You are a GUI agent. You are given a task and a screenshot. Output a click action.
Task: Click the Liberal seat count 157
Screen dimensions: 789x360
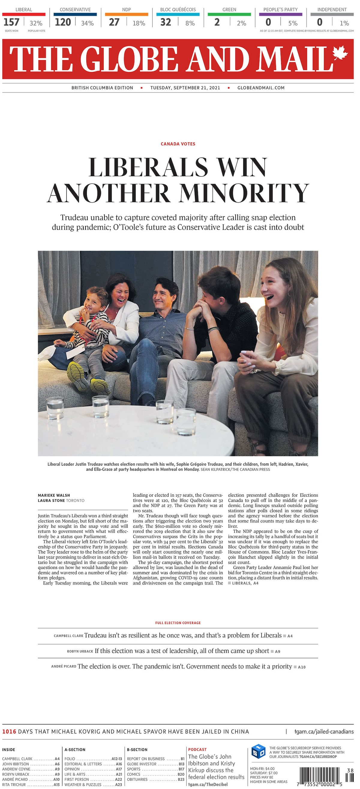click(11, 22)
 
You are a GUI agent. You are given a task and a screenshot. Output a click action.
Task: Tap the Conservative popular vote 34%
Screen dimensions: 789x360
click(87, 23)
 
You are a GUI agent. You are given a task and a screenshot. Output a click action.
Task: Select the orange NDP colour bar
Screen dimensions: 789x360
click(126, 14)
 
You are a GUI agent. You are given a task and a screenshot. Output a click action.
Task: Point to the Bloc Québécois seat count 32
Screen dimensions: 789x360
click(166, 22)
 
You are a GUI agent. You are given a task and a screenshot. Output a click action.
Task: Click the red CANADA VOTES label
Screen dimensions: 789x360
click(178, 144)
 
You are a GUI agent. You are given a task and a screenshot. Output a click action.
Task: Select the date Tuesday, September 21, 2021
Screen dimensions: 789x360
click(185, 88)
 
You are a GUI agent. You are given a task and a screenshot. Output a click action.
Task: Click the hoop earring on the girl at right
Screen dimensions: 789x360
click(289, 293)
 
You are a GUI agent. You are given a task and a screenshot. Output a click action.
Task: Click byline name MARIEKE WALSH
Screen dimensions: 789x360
click(54, 495)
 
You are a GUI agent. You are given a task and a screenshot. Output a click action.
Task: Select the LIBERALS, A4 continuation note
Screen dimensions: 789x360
click(245, 583)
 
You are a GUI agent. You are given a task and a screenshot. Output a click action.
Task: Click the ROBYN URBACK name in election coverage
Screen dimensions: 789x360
click(80, 651)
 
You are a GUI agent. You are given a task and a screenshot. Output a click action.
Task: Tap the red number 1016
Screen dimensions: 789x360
click(9, 732)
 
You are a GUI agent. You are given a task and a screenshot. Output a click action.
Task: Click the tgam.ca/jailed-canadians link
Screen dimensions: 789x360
click(324, 732)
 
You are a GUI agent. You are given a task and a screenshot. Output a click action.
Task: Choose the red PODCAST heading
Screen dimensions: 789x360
click(197, 749)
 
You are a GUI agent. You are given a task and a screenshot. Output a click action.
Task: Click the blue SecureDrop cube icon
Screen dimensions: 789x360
click(258, 751)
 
